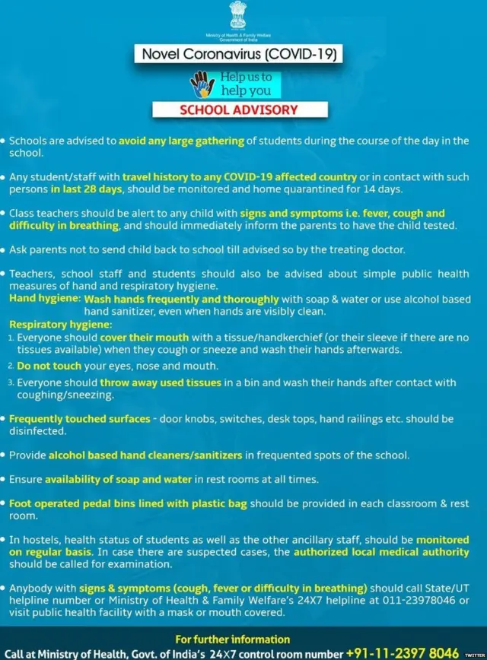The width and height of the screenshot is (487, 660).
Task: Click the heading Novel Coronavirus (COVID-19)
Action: point(238,53)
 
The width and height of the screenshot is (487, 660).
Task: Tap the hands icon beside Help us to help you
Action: point(202,84)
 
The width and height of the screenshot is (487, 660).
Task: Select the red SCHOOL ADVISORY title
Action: point(239,109)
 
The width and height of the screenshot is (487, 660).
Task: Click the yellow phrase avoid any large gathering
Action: point(181,141)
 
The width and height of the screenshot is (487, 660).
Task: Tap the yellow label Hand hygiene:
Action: point(45,299)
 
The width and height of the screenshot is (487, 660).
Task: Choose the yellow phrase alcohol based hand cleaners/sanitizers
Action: point(145,455)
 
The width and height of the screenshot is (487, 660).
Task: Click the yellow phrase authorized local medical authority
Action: point(381,552)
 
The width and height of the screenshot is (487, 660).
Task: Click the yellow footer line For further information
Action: point(232,639)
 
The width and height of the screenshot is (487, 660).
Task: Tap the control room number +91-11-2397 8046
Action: point(403,653)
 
